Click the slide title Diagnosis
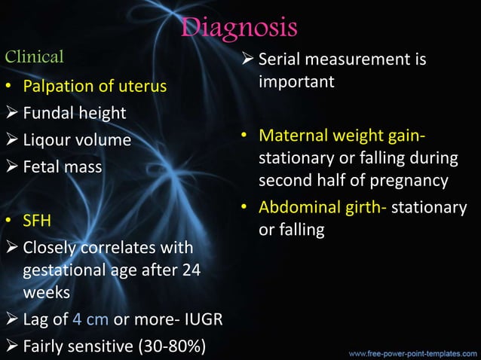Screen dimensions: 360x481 tap(240, 28)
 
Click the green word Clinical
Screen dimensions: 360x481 tap(35, 56)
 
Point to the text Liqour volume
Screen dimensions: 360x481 tap(77, 141)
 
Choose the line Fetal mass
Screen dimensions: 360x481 tap(63, 167)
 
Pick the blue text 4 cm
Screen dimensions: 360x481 tap(90, 319)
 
